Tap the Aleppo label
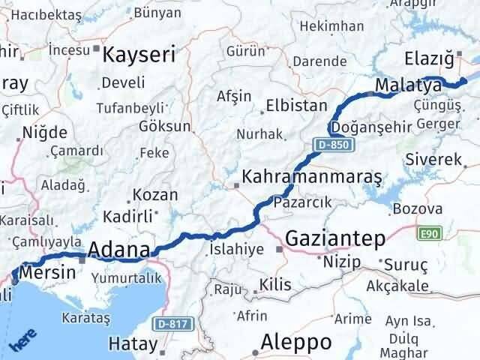tap(295, 342)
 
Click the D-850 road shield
tap(331, 143)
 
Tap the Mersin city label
tap(50, 273)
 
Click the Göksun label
tap(164, 126)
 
